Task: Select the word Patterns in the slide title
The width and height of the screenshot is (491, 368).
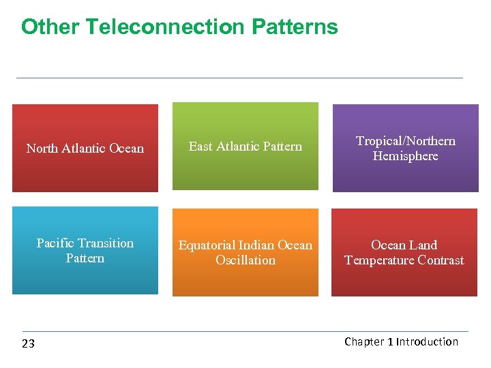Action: pos(295,27)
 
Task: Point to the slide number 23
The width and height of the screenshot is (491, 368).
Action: pos(28,343)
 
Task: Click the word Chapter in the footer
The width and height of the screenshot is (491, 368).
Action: pos(364,341)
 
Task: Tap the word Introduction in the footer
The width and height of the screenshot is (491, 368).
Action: pos(428,341)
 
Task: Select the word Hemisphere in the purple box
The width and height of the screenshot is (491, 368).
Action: pos(405,156)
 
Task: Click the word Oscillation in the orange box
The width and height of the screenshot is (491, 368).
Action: pos(245,260)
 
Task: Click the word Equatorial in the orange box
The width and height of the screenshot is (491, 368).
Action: pos(207,245)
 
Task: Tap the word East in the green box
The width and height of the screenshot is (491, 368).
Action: pos(200,146)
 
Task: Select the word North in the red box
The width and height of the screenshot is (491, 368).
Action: pos(41,149)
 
